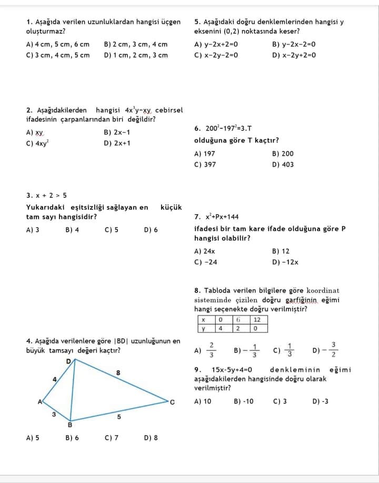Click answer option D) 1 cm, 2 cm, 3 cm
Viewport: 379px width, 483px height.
[136, 55]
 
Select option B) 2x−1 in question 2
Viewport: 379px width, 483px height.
[117, 132]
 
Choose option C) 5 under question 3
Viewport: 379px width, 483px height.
[112, 230]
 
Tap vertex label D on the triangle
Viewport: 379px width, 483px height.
[68, 361]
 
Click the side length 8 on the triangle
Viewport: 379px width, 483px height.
[118, 373]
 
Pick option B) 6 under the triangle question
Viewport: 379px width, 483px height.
[72, 437]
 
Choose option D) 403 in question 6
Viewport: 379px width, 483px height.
[283, 164]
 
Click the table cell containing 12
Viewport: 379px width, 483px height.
[257, 320]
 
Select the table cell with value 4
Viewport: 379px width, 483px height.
[221, 329]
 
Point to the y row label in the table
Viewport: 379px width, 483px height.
[203, 329]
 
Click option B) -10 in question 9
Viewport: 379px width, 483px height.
[244, 401]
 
